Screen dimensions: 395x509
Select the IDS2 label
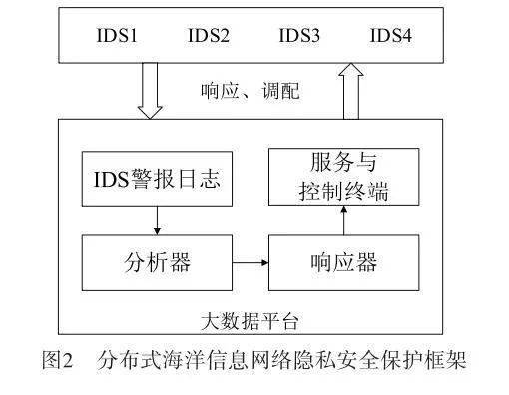(x=208, y=38)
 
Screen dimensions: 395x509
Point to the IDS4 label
(x=391, y=38)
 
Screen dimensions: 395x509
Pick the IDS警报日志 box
(x=156, y=181)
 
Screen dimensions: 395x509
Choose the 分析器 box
(x=156, y=263)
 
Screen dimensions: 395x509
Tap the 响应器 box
(x=343, y=263)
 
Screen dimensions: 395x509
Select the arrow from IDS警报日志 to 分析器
(x=156, y=221)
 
